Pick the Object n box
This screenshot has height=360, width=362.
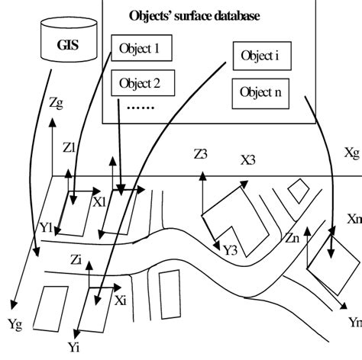[260, 93]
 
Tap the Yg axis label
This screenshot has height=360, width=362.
[15, 324]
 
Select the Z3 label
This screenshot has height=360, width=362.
[200, 155]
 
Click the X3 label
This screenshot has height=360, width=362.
[247, 161]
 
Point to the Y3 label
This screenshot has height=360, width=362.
[231, 249]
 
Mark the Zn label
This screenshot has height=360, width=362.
[293, 238]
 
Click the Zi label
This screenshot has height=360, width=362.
[75, 259]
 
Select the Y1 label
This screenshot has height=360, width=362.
[46, 227]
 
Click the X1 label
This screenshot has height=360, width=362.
[99, 203]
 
